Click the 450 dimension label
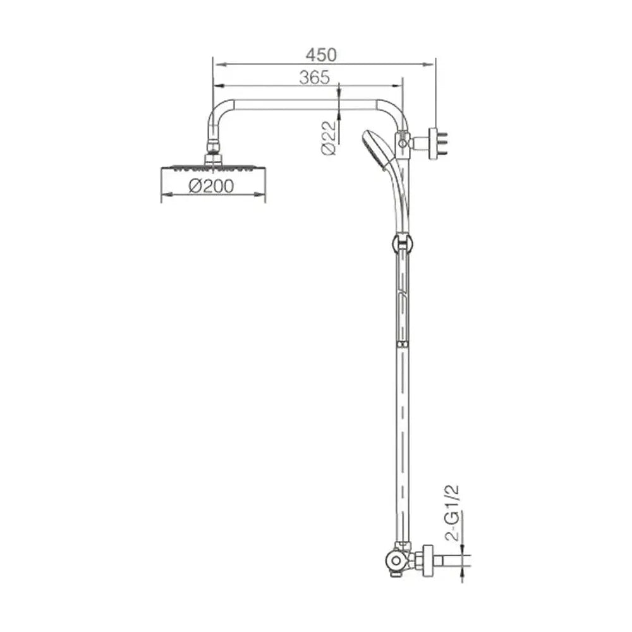point(321,55)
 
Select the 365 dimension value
point(314,77)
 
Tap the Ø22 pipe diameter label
point(329,137)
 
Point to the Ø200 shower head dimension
point(211,186)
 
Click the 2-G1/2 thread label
point(453,513)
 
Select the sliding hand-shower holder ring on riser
point(402,243)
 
